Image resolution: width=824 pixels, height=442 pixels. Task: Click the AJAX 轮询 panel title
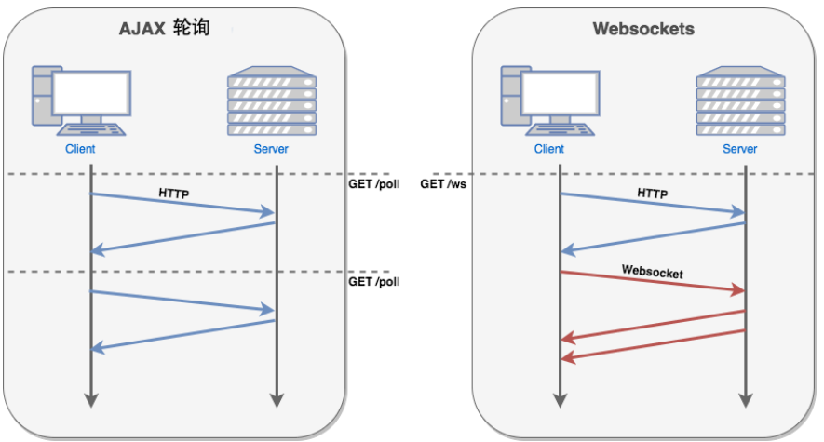tap(165, 28)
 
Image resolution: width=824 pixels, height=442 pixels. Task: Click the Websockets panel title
tap(643, 29)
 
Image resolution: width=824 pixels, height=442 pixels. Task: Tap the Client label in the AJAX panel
tap(80, 149)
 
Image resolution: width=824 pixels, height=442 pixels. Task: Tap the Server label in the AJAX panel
tap(271, 149)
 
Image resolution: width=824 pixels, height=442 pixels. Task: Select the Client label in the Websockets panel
tap(548, 149)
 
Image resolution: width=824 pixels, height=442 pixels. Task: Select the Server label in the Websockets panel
tap(739, 149)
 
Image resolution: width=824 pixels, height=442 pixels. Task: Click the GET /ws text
tap(443, 183)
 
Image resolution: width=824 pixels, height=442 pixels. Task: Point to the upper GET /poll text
tap(373, 183)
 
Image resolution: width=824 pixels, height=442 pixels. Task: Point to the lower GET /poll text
tap(373, 281)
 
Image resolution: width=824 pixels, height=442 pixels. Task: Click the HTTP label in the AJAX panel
tap(174, 194)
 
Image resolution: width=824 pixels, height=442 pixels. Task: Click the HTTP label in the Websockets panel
tap(652, 194)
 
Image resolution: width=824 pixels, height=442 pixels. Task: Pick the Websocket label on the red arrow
tap(652, 272)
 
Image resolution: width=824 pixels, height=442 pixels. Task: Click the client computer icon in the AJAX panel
tap(81, 100)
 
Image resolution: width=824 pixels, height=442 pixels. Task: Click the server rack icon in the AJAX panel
tap(272, 100)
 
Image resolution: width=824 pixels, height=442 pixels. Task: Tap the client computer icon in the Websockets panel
tap(549, 100)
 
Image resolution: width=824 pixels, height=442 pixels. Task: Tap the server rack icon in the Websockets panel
tap(740, 100)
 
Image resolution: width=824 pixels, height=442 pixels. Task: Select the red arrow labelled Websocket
tap(653, 281)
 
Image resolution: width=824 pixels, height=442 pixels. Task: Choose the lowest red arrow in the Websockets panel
tap(653, 345)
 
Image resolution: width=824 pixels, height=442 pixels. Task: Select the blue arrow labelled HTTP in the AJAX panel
tap(182, 203)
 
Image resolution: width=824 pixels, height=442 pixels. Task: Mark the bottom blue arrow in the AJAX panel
tap(182, 335)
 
